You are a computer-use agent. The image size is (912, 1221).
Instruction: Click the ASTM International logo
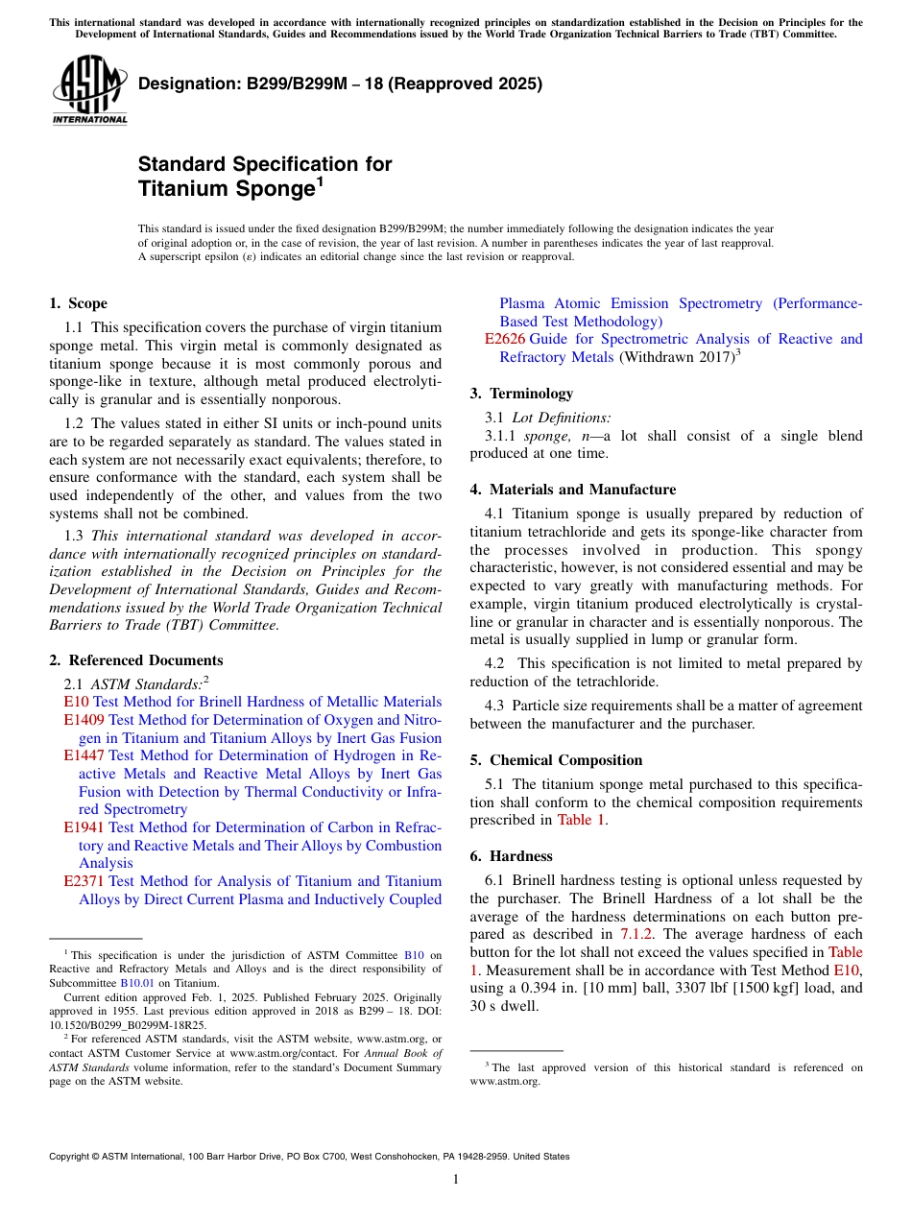click(x=89, y=90)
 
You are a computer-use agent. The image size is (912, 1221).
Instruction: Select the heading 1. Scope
click(x=78, y=303)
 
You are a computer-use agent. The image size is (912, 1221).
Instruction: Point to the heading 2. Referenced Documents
click(x=135, y=660)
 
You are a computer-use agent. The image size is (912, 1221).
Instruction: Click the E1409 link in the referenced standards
click(x=84, y=720)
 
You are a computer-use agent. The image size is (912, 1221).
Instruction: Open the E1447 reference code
click(x=84, y=755)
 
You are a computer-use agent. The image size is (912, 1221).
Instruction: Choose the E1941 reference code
click(x=84, y=827)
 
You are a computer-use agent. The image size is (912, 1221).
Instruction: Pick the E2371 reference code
click(x=84, y=881)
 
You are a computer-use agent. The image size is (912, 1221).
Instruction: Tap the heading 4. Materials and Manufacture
click(x=572, y=490)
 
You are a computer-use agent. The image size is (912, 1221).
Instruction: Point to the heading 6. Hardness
click(x=511, y=856)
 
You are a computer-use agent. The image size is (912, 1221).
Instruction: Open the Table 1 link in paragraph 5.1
click(x=581, y=820)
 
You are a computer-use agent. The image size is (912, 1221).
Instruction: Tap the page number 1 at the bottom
click(x=456, y=1179)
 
